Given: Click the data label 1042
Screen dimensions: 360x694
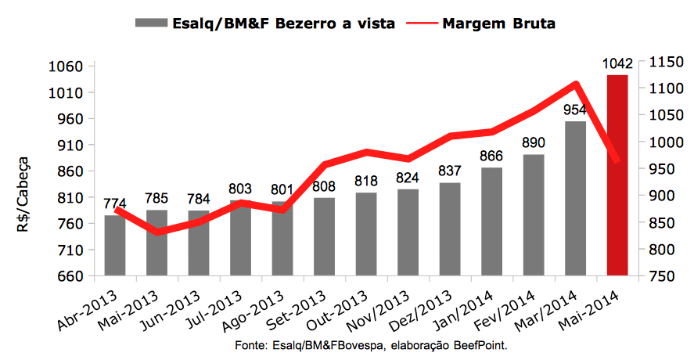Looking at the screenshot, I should point(617,63).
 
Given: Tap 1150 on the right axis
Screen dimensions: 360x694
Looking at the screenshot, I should point(662,61).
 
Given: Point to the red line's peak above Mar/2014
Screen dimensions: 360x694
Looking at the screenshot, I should point(575,84).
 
